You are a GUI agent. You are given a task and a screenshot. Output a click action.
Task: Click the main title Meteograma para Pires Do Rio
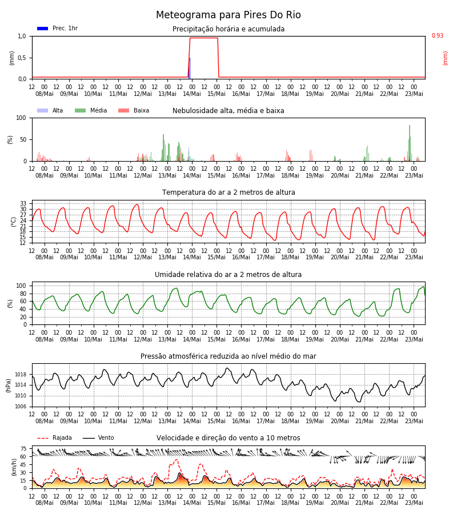[x=228, y=15]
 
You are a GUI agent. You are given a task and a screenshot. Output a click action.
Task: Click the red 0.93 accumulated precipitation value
[x=438, y=35]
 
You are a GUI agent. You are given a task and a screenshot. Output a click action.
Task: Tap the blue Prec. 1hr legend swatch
[x=43, y=29]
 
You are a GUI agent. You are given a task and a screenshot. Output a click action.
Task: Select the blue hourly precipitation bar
[x=190, y=68]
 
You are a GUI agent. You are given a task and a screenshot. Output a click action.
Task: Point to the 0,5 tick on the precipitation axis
[x=22, y=58]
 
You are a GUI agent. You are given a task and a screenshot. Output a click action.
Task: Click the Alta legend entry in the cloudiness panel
[x=50, y=110]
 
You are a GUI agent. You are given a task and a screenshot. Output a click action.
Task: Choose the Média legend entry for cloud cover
[x=91, y=110]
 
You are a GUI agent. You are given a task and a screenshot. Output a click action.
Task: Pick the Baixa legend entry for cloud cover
[x=134, y=110]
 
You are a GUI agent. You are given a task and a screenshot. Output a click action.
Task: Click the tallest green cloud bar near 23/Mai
[x=410, y=143]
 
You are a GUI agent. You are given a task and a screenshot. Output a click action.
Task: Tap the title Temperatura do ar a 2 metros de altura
[x=228, y=192]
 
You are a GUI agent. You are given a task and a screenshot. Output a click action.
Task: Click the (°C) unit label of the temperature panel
[x=14, y=222]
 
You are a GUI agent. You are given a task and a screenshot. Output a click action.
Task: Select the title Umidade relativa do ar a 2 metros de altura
[x=228, y=274]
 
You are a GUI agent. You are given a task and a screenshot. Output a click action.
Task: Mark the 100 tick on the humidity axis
[x=21, y=286]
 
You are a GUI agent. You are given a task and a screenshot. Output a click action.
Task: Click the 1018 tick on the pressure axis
[x=21, y=374]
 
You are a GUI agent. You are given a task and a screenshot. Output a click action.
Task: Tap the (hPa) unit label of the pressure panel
[x=8, y=385]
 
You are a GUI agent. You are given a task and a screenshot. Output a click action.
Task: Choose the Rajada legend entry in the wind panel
[x=54, y=437]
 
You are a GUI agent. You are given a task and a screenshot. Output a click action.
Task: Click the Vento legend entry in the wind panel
[x=98, y=437]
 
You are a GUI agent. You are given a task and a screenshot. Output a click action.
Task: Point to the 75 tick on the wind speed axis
[x=23, y=448]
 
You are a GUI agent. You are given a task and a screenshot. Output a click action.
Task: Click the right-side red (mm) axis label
[x=445, y=58]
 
